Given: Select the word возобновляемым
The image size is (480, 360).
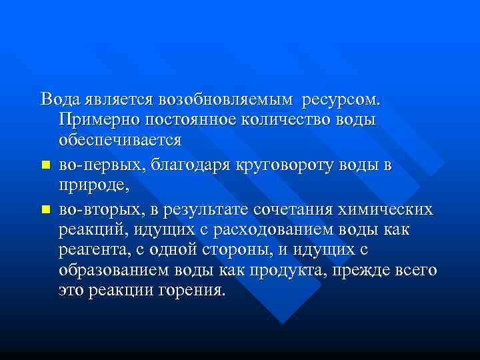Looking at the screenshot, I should tap(227, 100).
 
